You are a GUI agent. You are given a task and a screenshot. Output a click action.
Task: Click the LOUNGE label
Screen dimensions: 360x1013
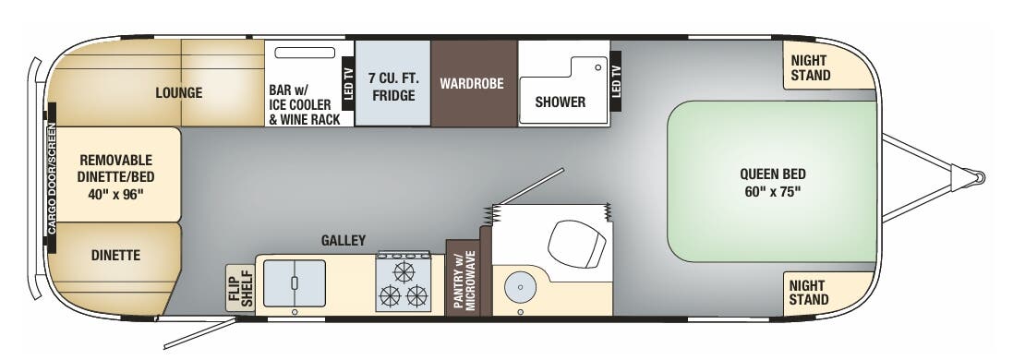pyautogui.click(x=178, y=92)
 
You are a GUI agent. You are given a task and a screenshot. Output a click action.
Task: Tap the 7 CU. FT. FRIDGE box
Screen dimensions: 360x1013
pyautogui.click(x=392, y=85)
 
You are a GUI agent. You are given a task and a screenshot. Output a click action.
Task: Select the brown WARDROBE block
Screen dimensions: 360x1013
pyautogui.click(x=471, y=84)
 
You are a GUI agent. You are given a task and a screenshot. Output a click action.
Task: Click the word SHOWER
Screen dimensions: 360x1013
pyautogui.click(x=560, y=102)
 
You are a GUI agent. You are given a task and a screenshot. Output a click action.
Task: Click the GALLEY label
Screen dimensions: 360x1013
pyautogui.click(x=344, y=241)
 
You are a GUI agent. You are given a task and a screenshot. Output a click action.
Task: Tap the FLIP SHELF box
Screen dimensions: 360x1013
pyautogui.click(x=240, y=288)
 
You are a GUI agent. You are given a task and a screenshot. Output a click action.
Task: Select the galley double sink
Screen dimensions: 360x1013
pyautogui.click(x=295, y=283)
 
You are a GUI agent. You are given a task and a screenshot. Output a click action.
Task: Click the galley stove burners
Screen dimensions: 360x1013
pyautogui.click(x=404, y=284)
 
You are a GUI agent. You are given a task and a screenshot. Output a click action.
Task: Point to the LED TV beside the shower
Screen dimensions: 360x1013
pyautogui.click(x=616, y=82)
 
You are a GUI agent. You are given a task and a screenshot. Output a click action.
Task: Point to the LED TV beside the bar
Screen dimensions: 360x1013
pyautogui.click(x=348, y=82)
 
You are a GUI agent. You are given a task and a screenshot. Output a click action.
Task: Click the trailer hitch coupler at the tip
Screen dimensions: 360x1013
pyautogui.click(x=972, y=175)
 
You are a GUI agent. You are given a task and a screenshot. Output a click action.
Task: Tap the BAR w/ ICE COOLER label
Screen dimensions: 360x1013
pyautogui.click(x=304, y=104)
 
